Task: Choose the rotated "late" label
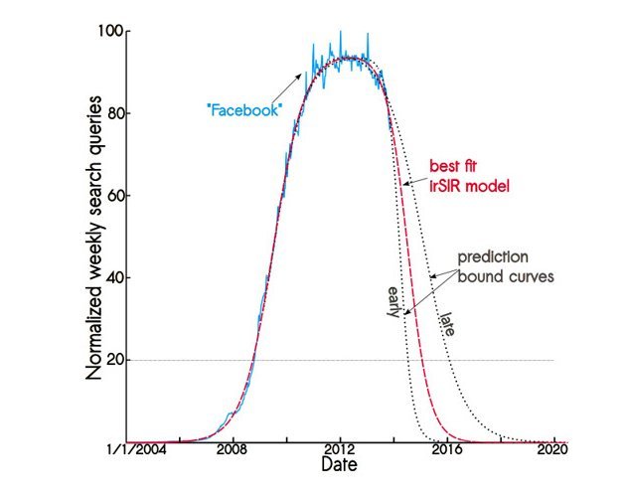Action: pos(448,323)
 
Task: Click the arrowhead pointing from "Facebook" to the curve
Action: pos(300,77)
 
